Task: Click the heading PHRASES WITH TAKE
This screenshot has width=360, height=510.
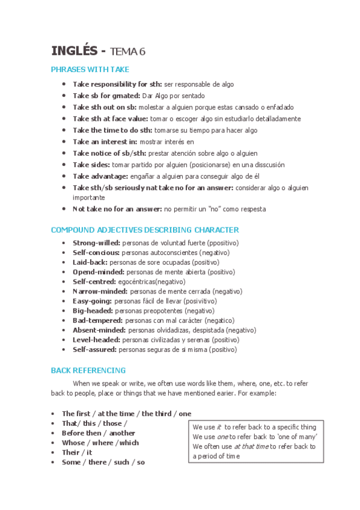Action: [90, 70]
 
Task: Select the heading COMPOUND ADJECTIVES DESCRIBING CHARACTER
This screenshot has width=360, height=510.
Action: [144, 230]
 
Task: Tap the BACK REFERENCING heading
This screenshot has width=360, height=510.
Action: [88, 370]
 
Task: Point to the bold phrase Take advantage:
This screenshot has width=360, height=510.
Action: [100, 176]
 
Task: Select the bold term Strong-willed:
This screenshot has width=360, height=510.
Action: [96, 243]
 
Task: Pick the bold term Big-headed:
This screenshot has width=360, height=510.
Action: [93, 311]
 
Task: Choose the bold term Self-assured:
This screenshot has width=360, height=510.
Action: [95, 349]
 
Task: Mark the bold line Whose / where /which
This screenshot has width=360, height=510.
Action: [100, 443]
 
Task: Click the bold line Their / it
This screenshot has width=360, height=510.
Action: [77, 452]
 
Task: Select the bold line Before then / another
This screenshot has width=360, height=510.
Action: [99, 433]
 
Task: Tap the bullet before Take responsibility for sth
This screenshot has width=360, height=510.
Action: [64, 85]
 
